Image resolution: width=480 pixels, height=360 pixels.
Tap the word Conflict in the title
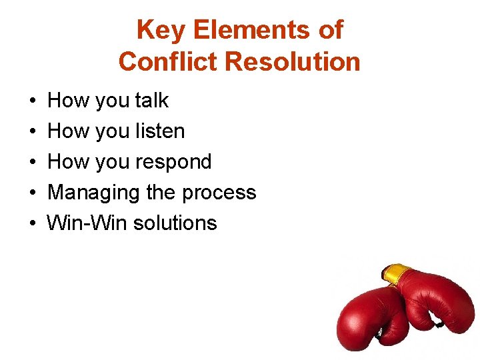tap(169, 62)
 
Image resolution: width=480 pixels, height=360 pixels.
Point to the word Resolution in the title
tap(293, 62)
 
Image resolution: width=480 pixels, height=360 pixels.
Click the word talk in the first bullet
tap(152, 101)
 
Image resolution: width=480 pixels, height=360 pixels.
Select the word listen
tap(160, 131)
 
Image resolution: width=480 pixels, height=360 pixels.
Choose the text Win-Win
tap(87, 223)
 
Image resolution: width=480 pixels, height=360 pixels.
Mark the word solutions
tap(175, 223)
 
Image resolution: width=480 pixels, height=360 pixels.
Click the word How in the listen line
tap(69, 131)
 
